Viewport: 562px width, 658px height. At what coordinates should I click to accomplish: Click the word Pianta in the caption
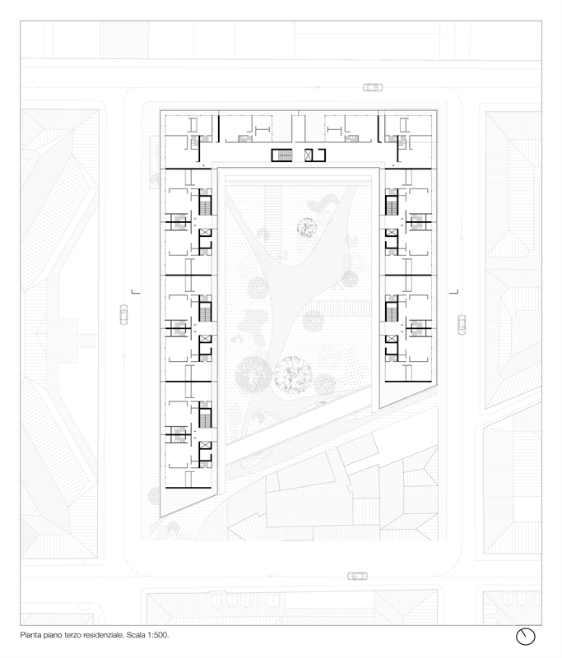click(30, 635)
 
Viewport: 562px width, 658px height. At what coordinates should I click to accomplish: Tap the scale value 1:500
click(158, 635)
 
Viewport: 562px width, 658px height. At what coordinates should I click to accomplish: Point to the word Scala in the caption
click(135, 635)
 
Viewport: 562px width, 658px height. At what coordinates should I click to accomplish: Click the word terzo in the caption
click(72, 635)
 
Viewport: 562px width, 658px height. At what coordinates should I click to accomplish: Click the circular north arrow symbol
click(526, 637)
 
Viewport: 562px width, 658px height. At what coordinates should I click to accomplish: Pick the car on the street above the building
click(373, 87)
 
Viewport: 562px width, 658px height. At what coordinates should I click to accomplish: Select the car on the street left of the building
click(123, 314)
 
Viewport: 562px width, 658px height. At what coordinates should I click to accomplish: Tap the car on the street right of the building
click(462, 324)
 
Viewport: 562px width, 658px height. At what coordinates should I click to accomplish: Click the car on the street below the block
click(358, 577)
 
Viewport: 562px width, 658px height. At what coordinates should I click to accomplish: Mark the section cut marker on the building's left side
click(136, 292)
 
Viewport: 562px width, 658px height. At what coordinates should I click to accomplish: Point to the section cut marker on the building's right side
click(453, 292)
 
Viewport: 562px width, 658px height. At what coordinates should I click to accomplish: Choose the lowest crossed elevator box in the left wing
click(205, 445)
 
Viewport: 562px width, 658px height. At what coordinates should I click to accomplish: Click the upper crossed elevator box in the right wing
click(392, 232)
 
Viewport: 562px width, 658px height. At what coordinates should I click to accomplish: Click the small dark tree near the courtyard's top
click(307, 228)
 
